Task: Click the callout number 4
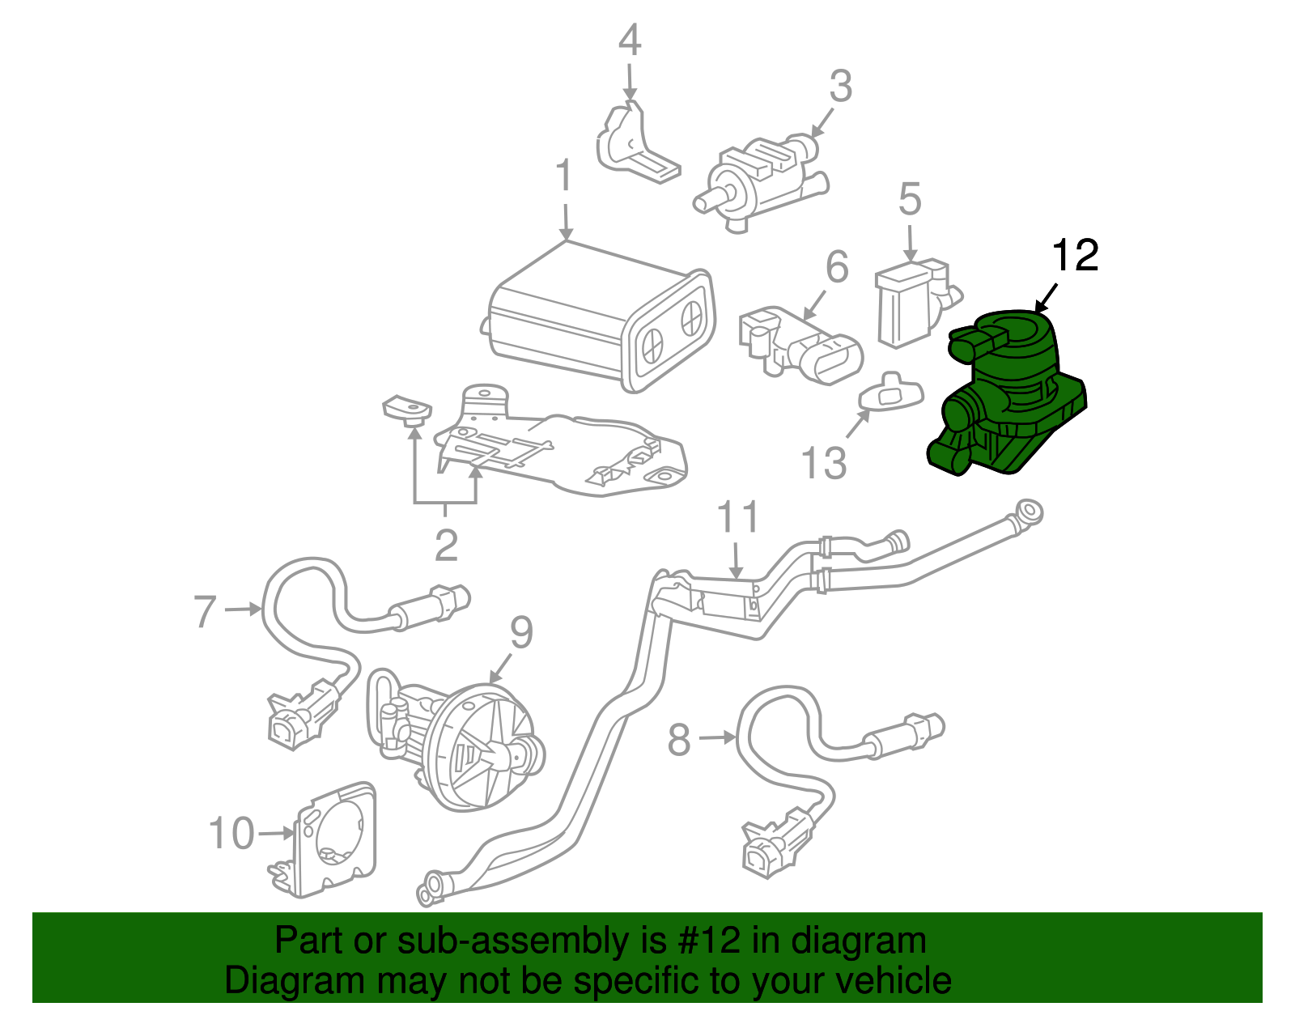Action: coord(630,40)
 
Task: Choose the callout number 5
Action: coord(910,199)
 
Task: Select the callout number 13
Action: coord(823,464)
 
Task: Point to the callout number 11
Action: coord(738,518)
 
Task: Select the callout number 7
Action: coord(206,611)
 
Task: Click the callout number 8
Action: coord(679,739)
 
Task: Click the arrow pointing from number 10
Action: coord(276,833)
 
